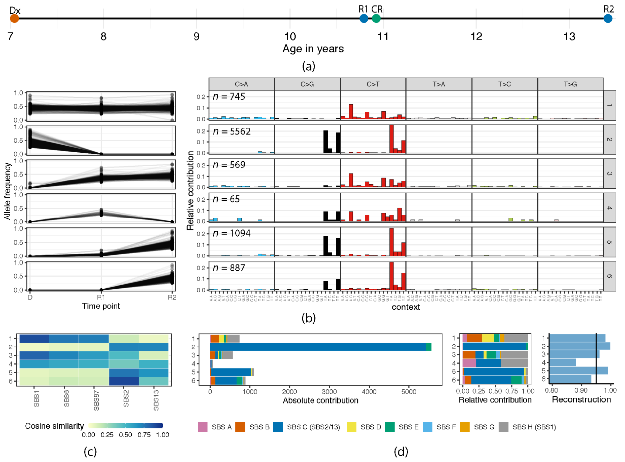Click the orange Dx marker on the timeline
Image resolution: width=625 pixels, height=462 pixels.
(14, 19)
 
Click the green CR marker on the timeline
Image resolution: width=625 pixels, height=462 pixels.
(376, 19)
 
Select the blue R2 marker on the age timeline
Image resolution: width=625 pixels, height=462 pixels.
(608, 19)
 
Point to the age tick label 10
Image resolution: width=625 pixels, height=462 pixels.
(290, 36)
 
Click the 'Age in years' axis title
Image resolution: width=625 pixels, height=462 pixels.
(313, 49)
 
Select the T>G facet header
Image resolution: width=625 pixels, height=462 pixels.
(570, 84)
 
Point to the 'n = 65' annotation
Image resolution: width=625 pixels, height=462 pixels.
(226, 199)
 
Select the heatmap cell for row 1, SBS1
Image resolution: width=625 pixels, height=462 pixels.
(34, 338)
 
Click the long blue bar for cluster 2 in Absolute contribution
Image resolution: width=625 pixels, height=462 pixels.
(317, 347)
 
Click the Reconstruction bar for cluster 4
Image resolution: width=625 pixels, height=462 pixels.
(563, 363)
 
